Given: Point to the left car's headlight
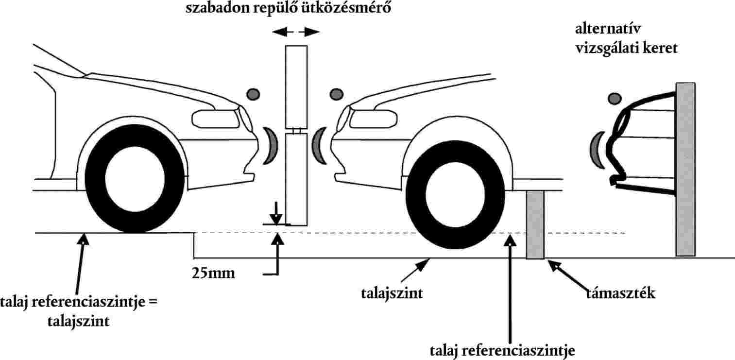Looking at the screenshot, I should [x=214, y=118].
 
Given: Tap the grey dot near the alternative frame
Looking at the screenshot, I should [x=615, y=99].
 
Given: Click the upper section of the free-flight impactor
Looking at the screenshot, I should [x=296, y=86].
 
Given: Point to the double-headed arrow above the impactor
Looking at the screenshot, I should [x=296, y=32].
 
